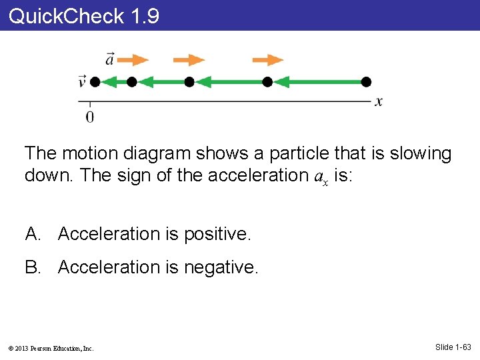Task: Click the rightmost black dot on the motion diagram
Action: tap(365, 82)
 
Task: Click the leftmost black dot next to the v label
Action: tap(95, 82)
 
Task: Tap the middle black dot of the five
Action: tap(189, 82)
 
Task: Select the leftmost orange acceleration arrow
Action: tap(137, 60)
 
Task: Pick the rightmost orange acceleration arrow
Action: tap(267, 60)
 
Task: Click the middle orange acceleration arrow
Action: tap(189, 60)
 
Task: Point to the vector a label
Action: tap(110, 59)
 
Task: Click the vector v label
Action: tap(82, 81)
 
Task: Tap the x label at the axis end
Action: tap(379, 102)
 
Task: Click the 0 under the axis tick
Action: tap(90, 117)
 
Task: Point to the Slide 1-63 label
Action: tap(453, 347)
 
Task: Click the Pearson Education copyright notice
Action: tap(51, 348)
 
